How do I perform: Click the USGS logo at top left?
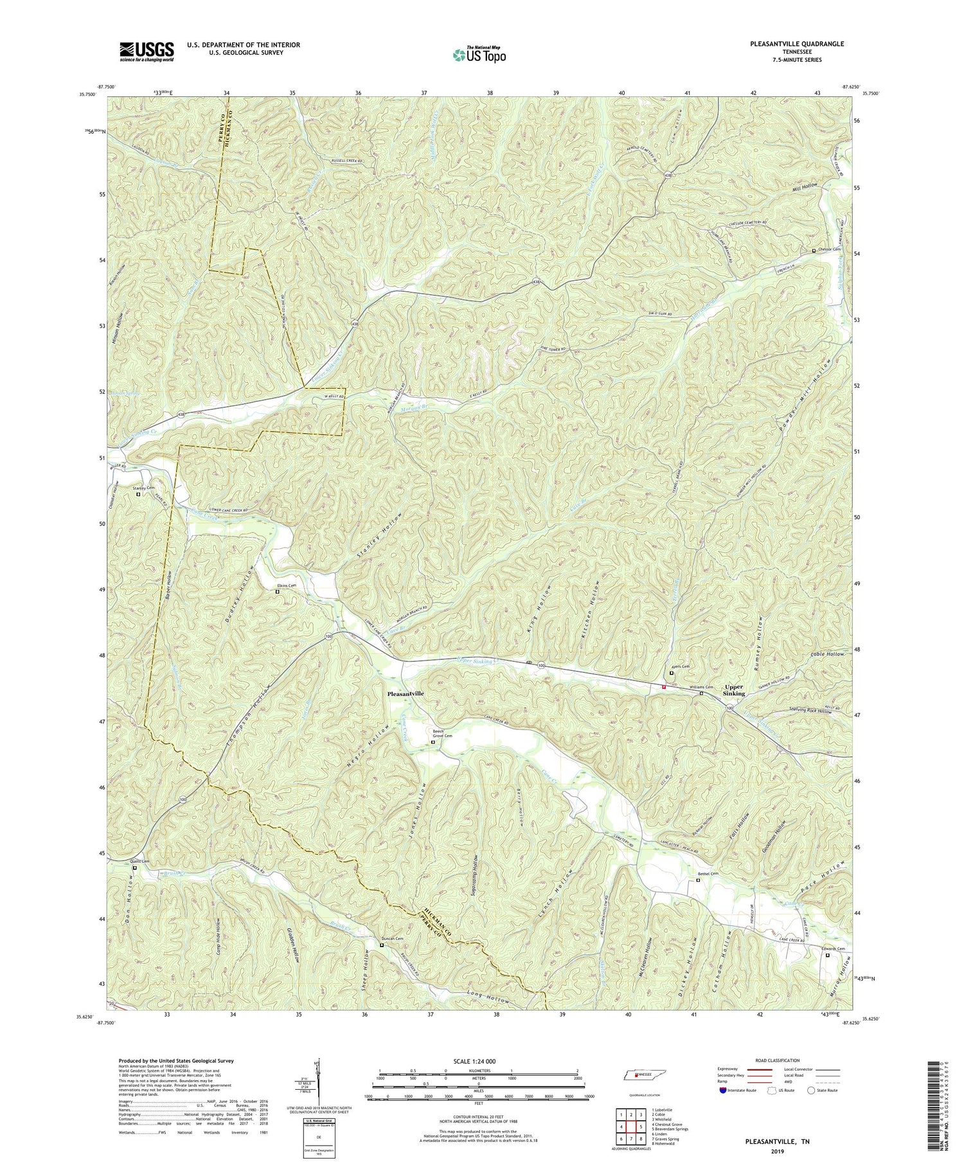pyautogui.click(x=147, y=51)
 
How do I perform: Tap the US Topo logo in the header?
pyautogui.click(x=478, y=55)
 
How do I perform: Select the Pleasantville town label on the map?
pyautogui.click(x=405, y=694)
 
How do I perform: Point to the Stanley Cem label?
pyautogui.click(x=144, y=488)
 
